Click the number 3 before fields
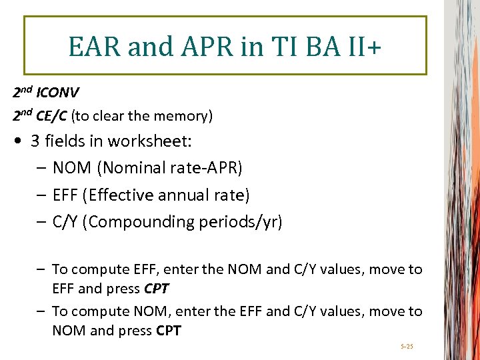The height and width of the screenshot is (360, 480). pos(35,141)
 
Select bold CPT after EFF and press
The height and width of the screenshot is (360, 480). pos(156,289)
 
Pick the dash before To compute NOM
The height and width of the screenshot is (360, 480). pos(41,311)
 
